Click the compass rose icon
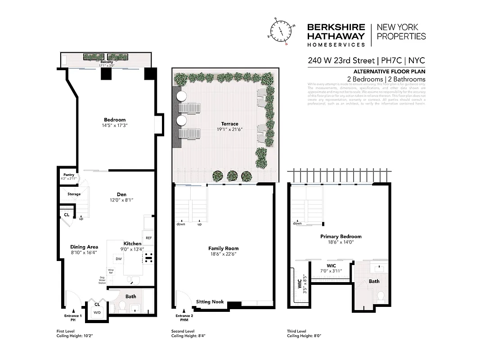coord(281,32)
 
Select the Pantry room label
coord(68,175)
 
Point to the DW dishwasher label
coord(118,259)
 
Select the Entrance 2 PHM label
coord(184,318)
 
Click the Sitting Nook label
coord(210,302)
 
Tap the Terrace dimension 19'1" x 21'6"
coord(229,130)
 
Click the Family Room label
coord(223,248)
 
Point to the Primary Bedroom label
coord(341,236)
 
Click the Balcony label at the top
coord(107,62)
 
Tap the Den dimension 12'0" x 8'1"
coord(121,200)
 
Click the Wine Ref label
coord(110,271)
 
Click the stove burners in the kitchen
coord(148,258)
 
